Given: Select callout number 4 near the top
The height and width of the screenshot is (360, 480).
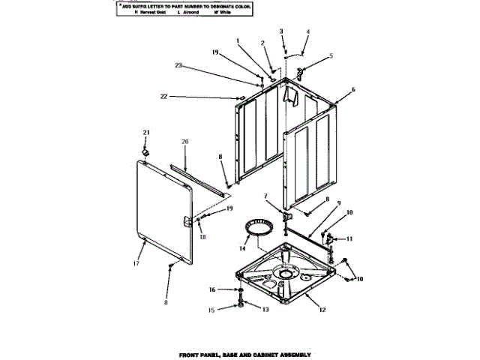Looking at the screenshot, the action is [307, 32].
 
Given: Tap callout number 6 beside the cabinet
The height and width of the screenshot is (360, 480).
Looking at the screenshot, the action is [353, 89].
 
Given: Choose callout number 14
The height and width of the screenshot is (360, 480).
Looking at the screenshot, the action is [241, 247].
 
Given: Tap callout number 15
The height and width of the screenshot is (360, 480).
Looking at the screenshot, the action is [211, 309].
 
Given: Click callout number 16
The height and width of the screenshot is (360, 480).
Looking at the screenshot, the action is [211, 289].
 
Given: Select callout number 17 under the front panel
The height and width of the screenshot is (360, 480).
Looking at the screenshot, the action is [136, 263].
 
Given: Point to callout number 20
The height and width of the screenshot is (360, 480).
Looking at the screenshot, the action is [184, 142].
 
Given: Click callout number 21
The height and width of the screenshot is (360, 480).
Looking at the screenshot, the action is [146, 133].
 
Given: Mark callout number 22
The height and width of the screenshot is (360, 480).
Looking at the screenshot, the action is [163, 97].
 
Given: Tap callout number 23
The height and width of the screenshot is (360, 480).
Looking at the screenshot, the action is [178, 67].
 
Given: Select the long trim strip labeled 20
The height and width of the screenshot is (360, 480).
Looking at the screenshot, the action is [199, 179].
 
